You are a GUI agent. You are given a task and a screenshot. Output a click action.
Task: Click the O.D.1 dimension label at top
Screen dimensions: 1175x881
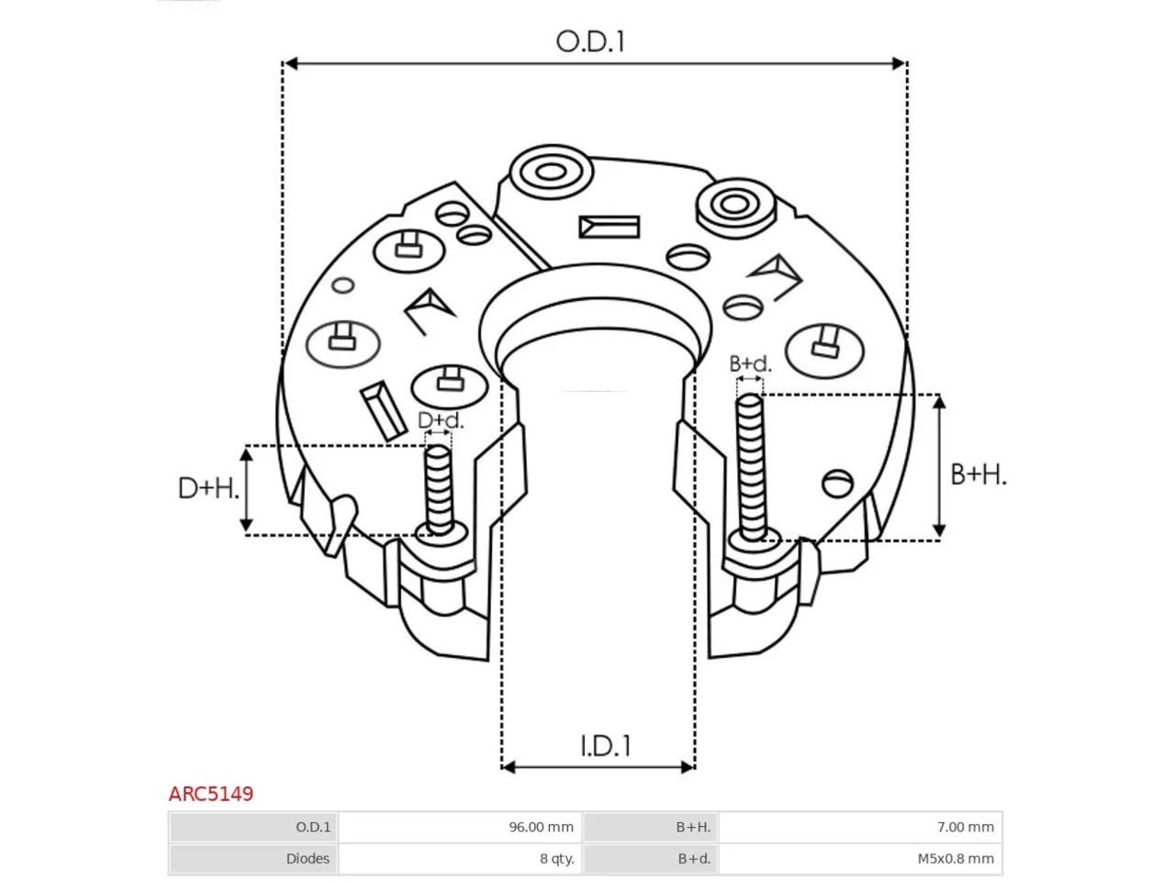click(590, 41)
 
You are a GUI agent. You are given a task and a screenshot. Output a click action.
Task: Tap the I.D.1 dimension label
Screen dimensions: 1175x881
click(606, 746)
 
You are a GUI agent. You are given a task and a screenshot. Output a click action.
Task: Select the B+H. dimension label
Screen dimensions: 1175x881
click(978, 474)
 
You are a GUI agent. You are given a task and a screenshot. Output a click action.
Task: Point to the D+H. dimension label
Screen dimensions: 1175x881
click(208, 488)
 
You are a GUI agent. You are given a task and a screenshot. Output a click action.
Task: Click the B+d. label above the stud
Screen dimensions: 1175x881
click(750, 363)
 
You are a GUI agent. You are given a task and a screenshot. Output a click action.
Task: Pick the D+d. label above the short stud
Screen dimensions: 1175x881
click(440, 420)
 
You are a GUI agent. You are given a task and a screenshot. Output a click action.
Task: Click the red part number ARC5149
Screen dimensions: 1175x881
click(211, 794)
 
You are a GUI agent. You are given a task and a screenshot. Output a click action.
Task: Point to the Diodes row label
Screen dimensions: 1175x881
click(308, 859)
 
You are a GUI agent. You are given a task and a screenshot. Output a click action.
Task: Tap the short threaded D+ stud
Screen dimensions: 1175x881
click(439, 490)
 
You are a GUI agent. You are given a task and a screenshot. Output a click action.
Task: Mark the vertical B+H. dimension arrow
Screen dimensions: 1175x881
click(939, 466)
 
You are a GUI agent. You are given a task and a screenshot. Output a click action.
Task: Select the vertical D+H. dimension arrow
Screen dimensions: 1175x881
click(246, 490)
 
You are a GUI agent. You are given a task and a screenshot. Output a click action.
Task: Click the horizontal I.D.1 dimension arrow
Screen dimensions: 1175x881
click(599, 767)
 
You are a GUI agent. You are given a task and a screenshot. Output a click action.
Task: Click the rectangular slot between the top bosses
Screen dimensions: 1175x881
click(610, 228)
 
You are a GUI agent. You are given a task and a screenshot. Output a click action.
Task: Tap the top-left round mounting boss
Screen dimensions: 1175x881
click(552, 173)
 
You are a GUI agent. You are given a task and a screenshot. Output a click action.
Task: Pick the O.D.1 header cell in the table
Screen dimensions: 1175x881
click(253, 827)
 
